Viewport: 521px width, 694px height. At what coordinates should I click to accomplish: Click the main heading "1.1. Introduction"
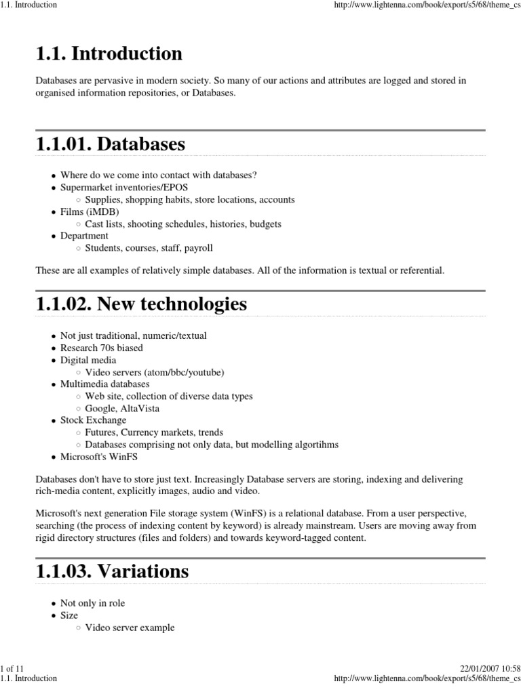pyautogui.click(x=109, y=54)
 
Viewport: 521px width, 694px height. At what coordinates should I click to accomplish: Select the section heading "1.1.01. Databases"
pyautogui.click(x=110, y=144)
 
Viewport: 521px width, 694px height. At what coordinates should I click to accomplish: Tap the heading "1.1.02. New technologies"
pyautogui.click(x=141, y=305)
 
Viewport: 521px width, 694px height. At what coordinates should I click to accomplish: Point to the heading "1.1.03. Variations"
pyautogui.click(x=112, y=571)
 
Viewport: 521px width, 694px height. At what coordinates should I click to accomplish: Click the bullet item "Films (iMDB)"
pyautogui.click(x=90, y=211)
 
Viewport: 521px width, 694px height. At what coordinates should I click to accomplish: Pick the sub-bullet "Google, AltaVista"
pyautogui.click(x=122, y=408)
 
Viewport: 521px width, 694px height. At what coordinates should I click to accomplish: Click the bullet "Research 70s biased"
pyautogui.click(x=101, y=348)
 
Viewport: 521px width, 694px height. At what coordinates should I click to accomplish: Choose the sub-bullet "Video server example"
pyautogui.click(x=130, y=628)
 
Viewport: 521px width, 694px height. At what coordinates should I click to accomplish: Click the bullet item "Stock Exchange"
pyautogui.click(x=93, y=420)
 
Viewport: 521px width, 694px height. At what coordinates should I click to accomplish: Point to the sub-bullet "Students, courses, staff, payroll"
pyautogui.click(x=149, y=248)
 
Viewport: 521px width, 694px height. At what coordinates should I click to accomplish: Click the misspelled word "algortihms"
pyautogui.click(x=316, y=445)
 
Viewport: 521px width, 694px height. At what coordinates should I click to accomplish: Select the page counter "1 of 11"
pyautogui.click(x=12, y=668)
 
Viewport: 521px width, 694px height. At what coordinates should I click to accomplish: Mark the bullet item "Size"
pyautogui.click(x=69, y=615)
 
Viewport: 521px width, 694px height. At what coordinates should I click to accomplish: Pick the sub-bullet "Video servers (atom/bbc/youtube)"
pyautogui.click(x=155, y=372)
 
